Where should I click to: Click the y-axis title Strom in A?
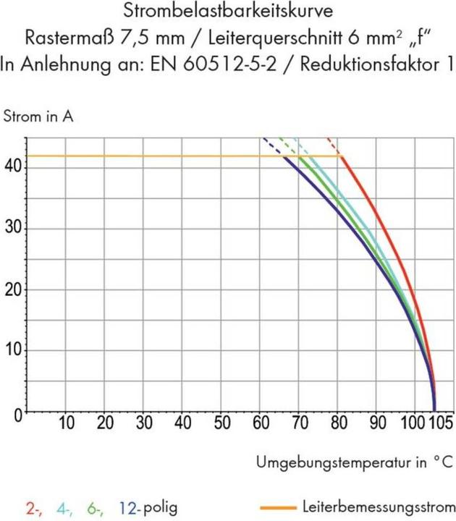(x=38, y=116)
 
